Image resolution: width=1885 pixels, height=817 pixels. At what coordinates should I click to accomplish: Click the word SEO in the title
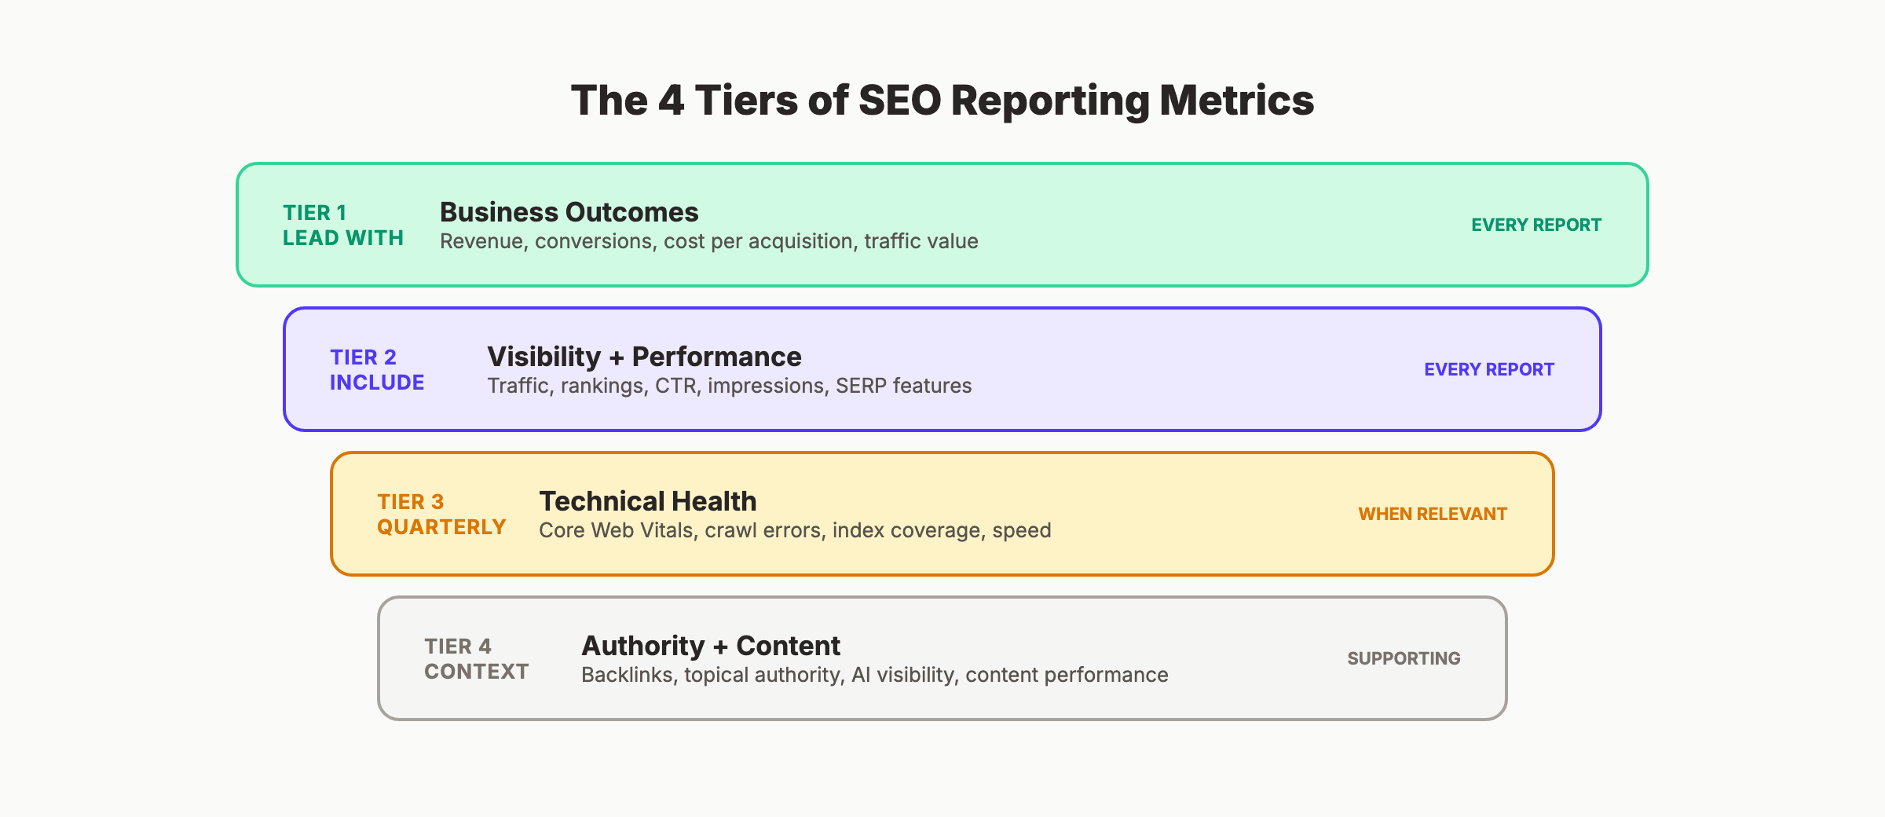pos(899,101)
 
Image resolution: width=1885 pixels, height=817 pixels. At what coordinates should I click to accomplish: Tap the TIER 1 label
pos(314,213)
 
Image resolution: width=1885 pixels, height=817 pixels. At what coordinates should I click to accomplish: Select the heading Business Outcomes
pos(569,212)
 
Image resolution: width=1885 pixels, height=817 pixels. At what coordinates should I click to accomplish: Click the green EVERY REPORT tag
pos(1535,225)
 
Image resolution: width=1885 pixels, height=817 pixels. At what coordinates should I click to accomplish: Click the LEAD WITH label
pos(343,238)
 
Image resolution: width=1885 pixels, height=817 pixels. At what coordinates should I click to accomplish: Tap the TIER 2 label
pos(363,357)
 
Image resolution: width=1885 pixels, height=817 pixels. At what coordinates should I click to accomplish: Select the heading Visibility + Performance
pos(644,357)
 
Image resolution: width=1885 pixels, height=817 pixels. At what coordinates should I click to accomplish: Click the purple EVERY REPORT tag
pos(1488,369)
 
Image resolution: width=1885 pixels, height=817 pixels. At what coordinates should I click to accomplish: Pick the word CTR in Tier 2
pos(676,386)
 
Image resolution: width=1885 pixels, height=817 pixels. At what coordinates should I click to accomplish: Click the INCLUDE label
pos(377,383)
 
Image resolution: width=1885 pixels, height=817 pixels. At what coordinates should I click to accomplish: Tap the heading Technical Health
pos(647,501)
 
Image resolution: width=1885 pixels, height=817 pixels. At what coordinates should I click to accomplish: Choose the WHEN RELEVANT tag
pos(1432,514)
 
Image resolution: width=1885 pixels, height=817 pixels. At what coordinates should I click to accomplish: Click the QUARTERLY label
pos(441,527)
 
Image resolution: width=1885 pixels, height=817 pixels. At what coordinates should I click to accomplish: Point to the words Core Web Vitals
pos(616,530)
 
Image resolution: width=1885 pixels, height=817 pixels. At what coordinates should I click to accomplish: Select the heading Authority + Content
pos(710,646)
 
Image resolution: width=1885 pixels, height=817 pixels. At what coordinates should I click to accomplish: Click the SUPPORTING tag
pos(1404,658)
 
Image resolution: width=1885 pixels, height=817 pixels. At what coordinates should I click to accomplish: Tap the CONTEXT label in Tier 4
pos(476,672)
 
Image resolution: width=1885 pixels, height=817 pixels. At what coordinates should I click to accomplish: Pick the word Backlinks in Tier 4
pos(627,675)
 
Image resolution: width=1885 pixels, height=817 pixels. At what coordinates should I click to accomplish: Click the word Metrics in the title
pos(1236,101)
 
